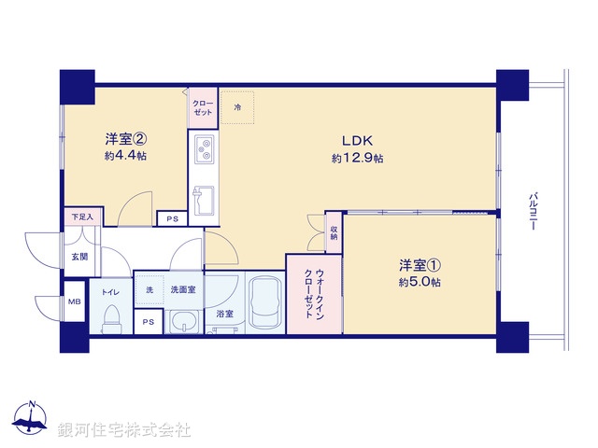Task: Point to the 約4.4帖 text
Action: (x=124, y=157)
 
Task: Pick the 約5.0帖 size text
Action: (x=417, y=282)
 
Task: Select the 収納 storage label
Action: (x=334, y=231)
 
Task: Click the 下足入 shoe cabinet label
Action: (x=82, y=217)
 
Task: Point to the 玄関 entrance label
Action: (x=78, y=258)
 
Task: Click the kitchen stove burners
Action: (x=205, y=147)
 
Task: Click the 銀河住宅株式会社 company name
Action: (x=124, y=430)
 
